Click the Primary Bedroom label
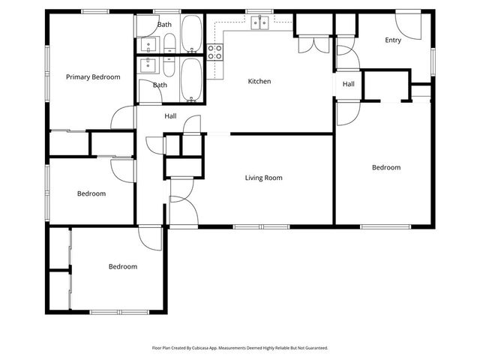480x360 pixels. (93, 76)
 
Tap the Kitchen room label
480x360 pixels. (259, 81)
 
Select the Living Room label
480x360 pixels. (263, 178)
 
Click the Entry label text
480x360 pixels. (392, 40)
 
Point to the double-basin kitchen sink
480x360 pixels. (260, 23)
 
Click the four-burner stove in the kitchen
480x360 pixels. (215, 52)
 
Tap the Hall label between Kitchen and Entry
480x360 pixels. (349, 84)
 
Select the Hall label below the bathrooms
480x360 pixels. (170, 116)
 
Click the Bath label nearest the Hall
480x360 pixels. (160, 85)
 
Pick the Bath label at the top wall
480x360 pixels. (164, 25)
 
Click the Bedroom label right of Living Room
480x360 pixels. (386, 167)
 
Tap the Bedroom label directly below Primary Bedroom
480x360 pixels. (91, 193)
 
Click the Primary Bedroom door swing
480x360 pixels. (120, 118)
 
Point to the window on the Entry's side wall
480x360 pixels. (433, 59)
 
